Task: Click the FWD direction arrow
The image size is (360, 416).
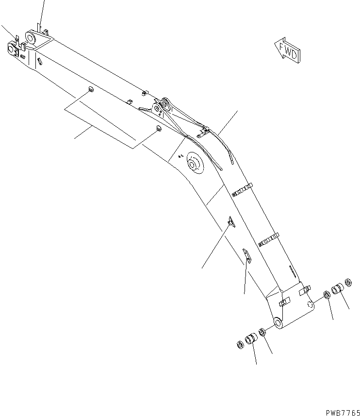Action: (x=287, y=50)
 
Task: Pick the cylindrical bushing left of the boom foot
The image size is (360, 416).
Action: (x=251, y=339)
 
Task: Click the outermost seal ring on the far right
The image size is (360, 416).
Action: (x=348, y=282)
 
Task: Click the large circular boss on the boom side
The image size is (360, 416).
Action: (x=194, y=164)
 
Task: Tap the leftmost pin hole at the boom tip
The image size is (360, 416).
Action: (x=12, y=48)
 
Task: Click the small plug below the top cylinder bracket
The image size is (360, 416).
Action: (x=158, y=128)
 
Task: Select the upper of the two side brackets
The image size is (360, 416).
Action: (x=229, y=221)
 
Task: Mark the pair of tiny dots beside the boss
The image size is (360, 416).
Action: (x=180, y=156)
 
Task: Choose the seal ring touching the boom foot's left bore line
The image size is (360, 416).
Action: (x=262, y=332)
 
